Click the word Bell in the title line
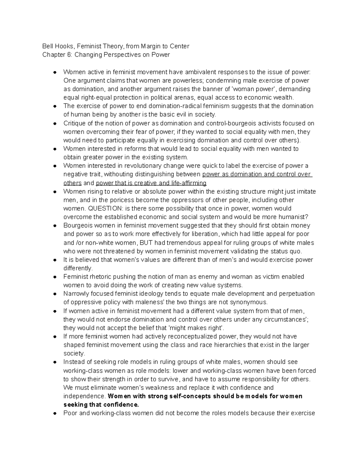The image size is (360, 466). (47, 46)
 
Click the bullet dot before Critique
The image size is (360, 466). (55, 124)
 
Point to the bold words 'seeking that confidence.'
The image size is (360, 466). (101, 404)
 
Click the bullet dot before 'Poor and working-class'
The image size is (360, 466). (55, 413)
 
